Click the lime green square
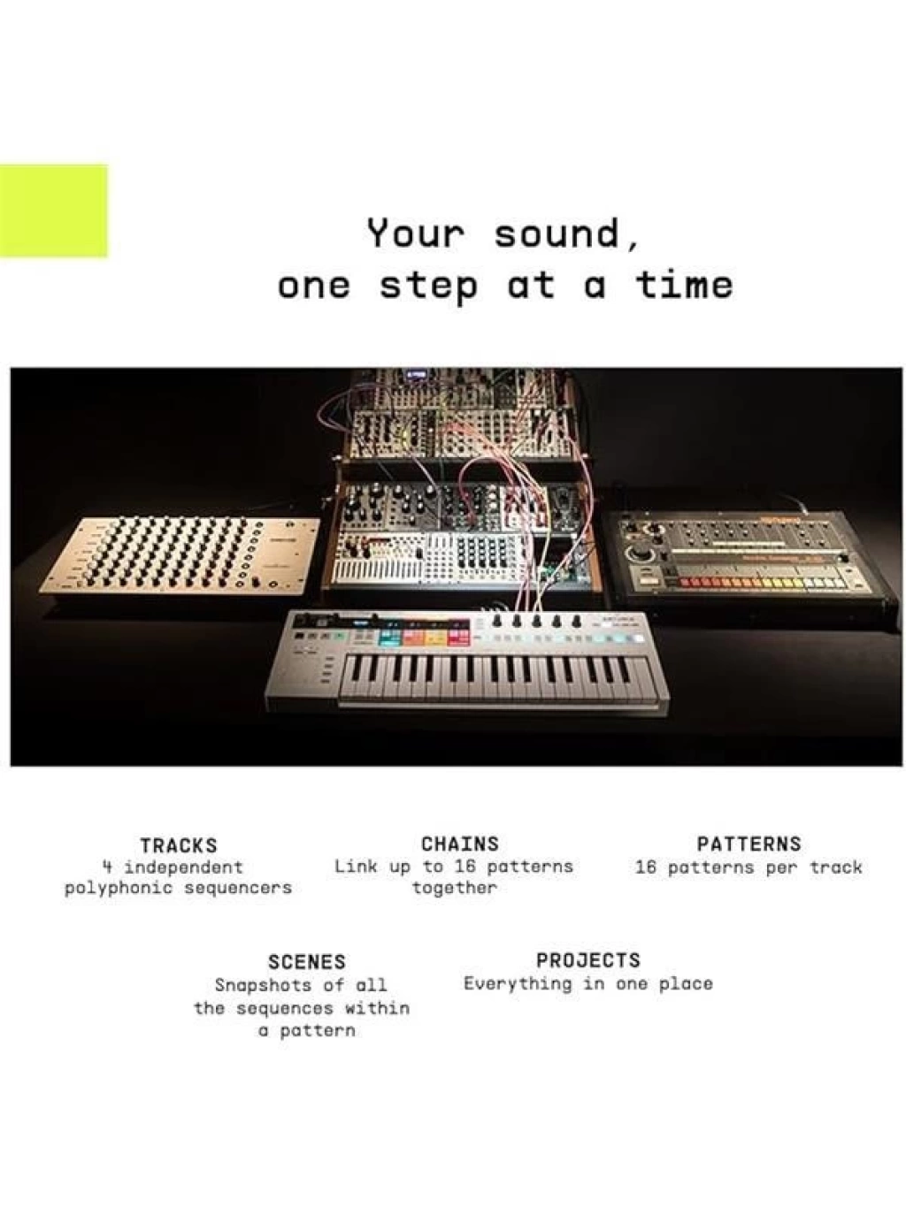pyautogui.click(x=53, y=210)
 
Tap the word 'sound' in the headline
pyautogui.click(x=557, y=233)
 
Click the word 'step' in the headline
pyautogui.click(x=428, y=286)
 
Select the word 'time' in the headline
pyautogui.click(x=684, y=285)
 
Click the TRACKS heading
pyautogui.click(x=179, y=845)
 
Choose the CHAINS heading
pyautogui.click(x=460, y=844)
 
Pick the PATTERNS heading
pyautogui.click(x=749, y=844)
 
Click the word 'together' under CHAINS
pyautogui.click(x=455, y=888)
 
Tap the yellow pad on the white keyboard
pyautogui.click(x=435, y=637)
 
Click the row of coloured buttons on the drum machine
pyautogui.click(x=761, y=583)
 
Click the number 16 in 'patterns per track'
pyautogui.click(x=646, y=867)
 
